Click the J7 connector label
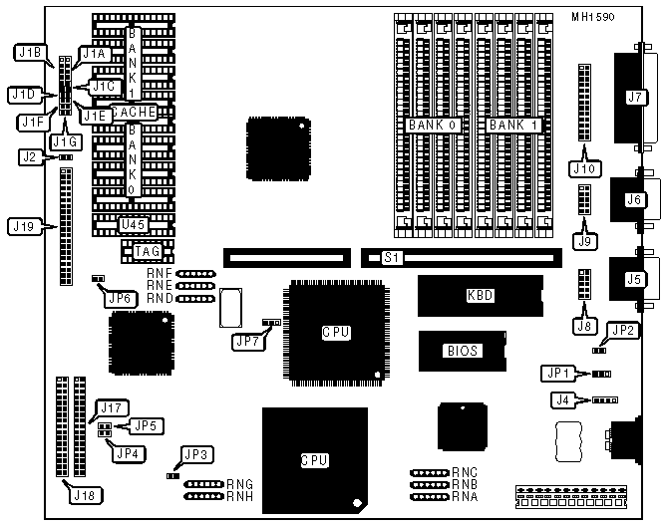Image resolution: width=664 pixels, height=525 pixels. pos(632,98)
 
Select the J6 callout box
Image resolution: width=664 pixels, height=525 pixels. pos(632,199)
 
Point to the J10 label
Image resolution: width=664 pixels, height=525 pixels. pos(582,168)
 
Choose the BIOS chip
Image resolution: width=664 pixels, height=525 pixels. pos(463,351)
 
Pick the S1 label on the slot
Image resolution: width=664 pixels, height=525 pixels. pos(392,259)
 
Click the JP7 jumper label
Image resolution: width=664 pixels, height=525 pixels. pos(247,342)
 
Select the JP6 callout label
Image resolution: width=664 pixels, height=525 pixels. pos(120,298)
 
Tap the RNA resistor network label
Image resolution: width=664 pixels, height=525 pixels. pos(465,495)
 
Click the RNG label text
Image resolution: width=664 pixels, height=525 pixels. pos(239,484)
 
